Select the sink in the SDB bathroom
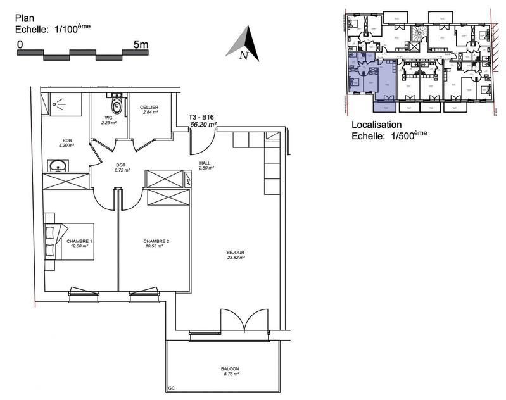[x=60, y=167]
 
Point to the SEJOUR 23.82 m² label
[x=236, y=255]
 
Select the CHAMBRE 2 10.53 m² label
[x=155, y=244]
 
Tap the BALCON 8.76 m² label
[x=230, y=372]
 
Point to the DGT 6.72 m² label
[x=122, y=168]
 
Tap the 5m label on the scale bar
[x=141, y=45]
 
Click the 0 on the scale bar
[x=20, y=45]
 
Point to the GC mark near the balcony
[x=171, y=388]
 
